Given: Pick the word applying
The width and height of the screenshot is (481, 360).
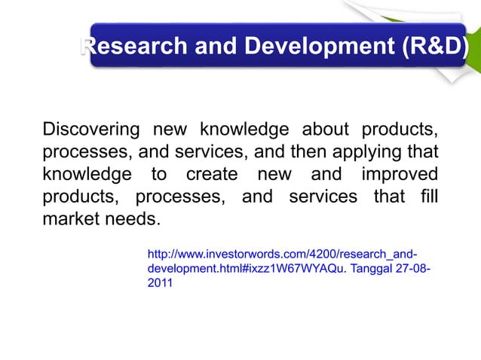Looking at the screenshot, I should point(366,151).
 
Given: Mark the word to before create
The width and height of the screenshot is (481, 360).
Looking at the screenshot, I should point(159,175).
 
